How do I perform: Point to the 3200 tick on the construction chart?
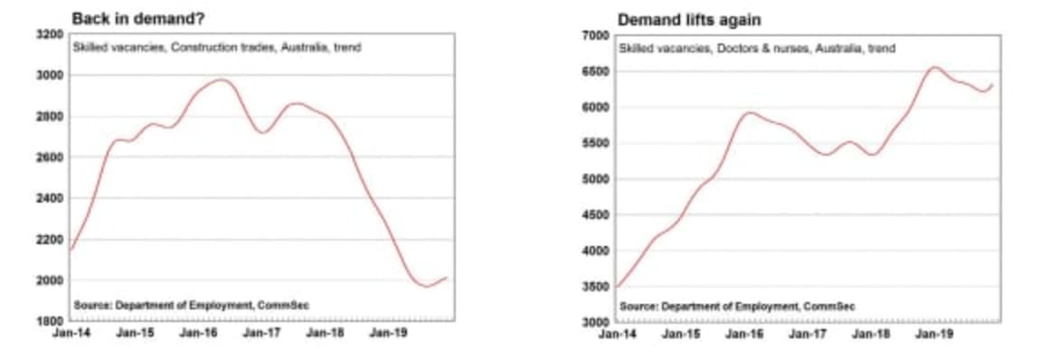tap(51, 34)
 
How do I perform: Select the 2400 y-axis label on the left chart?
tap(51, 198)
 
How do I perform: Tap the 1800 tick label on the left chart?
tap(51, 321)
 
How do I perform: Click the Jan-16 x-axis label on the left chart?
tap(196, 334)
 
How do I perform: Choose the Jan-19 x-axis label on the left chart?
tap(389, 334)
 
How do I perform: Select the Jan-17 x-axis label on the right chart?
tap(806, 334)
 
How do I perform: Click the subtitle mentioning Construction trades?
tap(216, 47)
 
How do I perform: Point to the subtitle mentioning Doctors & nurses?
tap(756, 48)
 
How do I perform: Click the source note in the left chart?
tap(193, 305)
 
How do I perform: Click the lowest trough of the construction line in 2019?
tap(425, 286)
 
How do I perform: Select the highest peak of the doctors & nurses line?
tap(934, 67)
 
